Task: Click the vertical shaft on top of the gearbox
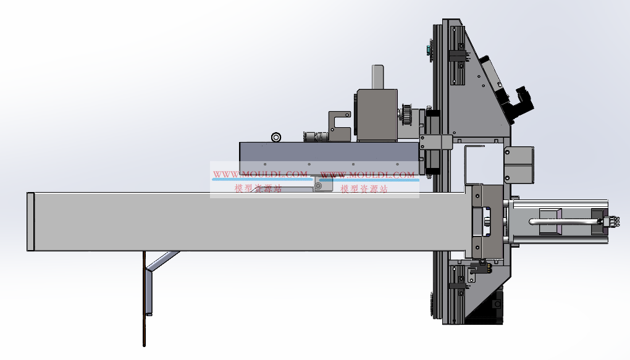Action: [377, 77]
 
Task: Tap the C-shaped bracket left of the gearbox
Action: [340, 126]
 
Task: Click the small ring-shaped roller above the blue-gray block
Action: [276, 137]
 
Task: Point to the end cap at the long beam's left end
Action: [30, 222]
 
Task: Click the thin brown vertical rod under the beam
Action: [144, 298]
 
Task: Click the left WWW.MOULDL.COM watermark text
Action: [260, 174]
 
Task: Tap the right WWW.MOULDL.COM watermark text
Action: [367, 174]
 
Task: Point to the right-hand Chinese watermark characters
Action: [364, 189]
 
